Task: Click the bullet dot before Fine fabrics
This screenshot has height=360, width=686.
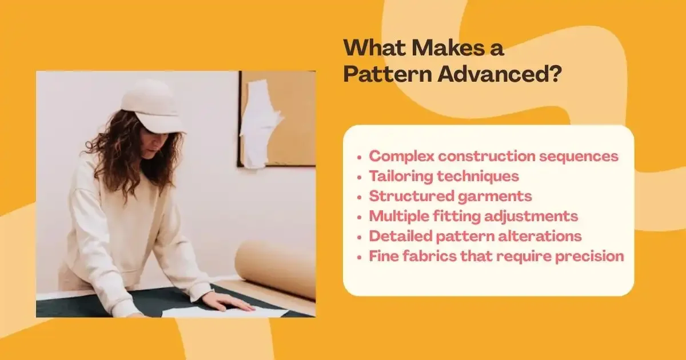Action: (359, 257)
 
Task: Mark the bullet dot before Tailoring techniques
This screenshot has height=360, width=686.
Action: (359, 177)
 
